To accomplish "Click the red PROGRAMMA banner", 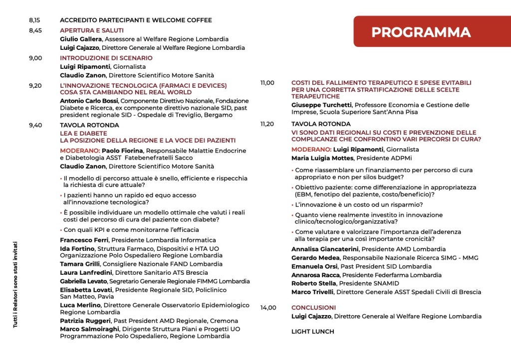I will point(421,32).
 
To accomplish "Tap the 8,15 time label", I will point(34,20).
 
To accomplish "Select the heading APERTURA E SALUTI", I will point(92,30).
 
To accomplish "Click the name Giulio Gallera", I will point(81,39).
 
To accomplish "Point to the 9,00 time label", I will point(35,58).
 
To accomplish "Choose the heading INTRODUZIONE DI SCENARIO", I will point(106,58).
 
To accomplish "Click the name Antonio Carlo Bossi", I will point(89,101).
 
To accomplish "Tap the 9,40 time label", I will point(35,125).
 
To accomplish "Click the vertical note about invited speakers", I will point(15,284).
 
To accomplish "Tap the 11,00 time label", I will point(267,83).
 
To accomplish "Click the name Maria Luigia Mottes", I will point(322,158).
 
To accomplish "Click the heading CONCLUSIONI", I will point(313,308).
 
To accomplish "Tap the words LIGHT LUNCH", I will point(312,331).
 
